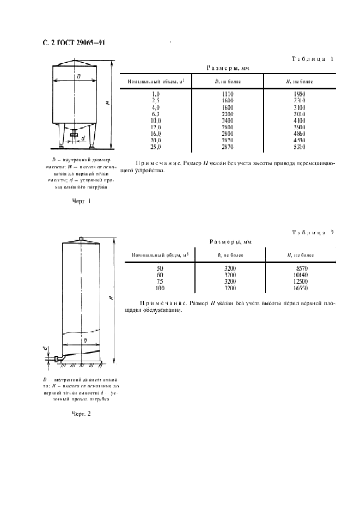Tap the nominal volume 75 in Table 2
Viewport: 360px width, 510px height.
(x=160, y=281)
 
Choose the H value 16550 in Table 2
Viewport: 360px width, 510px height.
(x=301, y=288)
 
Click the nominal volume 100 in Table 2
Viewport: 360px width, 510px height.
(x=160, y=288)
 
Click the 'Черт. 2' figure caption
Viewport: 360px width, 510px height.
(x=81, y=414)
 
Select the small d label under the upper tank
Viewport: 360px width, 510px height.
(x=82, y=138)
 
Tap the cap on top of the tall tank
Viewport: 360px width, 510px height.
(x=81, y=239)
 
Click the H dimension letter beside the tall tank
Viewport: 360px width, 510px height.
(x=111, y=297)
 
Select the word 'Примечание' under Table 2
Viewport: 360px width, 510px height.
(x=161, y=303)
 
